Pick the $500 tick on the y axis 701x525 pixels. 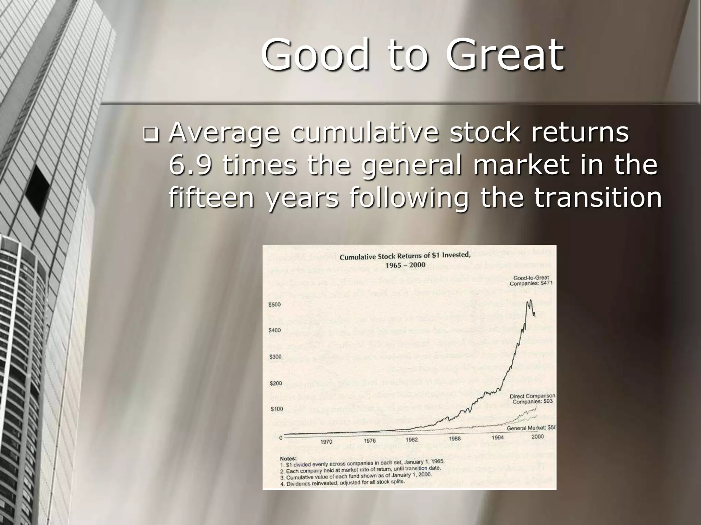[x=275, y=305]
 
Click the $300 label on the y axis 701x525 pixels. [x=275, y=357]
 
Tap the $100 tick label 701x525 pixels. [x=277, y=409]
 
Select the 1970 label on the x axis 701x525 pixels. [x=326, y=442]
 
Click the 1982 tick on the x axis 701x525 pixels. [x=411, y=440]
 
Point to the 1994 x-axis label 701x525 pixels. [x=498, y=438]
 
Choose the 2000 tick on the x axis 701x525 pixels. [x=538, y=436]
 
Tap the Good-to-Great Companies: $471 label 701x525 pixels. [x=531, y=281]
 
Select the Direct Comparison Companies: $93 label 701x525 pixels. [x=533, y=399]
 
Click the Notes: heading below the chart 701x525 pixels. [x=288, y=458]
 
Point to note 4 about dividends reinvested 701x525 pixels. [x=342, y=483]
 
